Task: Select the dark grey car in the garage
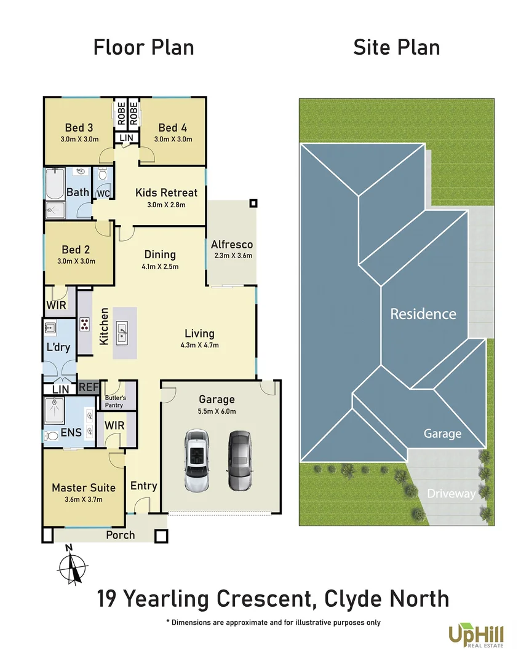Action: tap(239, 460)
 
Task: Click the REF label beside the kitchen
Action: tap(89, 388)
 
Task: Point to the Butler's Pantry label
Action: tap(114, 401)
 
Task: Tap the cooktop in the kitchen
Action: tap(85, 325)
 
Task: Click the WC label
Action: tap(103, 193)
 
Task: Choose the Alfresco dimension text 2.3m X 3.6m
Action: tap(232, 255)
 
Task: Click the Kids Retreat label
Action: tap(166, 193)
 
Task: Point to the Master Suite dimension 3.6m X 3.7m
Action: tap(84, 499)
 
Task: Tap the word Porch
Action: tap(120, 535)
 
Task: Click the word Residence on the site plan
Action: tap(423, 314)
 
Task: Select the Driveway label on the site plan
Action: tap(451, 494)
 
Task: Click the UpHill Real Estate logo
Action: tap(475, 635)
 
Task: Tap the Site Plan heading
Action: tap(396, 47)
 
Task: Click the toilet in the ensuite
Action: tap(53, 436)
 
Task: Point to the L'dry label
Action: tap(58, 347)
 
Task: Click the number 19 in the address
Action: tap(108, 598)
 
